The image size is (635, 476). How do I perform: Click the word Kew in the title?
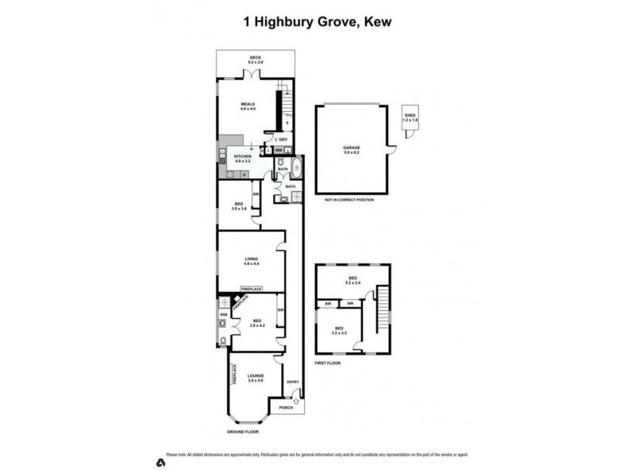pos(377,22)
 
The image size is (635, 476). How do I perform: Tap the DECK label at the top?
pos(255,57)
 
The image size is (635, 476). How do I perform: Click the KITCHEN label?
pos(242,157)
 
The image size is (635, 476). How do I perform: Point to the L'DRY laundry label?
pos(281,140)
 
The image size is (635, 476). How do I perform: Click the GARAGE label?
pos(352,148)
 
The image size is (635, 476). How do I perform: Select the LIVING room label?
pos(251,258)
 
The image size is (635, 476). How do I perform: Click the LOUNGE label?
pos(255,376)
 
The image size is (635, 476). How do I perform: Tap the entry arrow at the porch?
pos(297,402)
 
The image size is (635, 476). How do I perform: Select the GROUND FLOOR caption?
pos(243,432)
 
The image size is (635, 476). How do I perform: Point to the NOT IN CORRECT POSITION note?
pos(349,200)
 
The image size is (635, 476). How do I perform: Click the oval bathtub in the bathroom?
pos(296,168)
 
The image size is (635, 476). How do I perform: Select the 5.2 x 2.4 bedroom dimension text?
pos(353,282)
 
